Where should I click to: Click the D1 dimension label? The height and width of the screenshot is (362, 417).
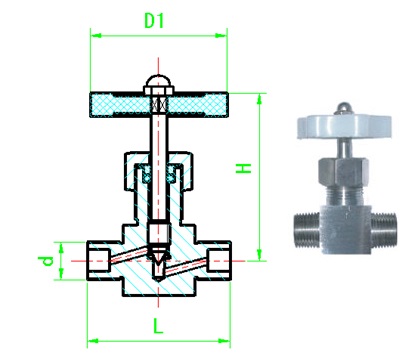(154, 21)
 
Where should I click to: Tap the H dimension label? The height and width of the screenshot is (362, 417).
(244, 168)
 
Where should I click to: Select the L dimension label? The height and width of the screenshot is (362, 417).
(158, 326)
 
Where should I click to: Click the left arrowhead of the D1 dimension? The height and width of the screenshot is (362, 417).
(96, 35)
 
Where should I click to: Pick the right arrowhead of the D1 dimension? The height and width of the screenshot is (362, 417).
(221, 35)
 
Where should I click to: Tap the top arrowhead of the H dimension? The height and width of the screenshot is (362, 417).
(260, 99)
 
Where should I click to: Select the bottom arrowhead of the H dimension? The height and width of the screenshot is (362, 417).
(260, 255)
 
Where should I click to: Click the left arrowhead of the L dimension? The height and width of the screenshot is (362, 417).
(93, 341)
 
